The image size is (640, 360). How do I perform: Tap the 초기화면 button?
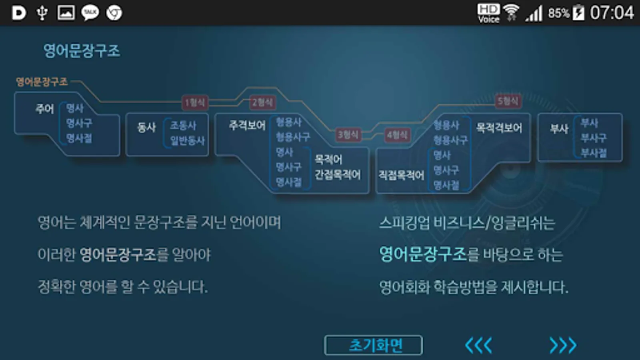[x=373, y=345]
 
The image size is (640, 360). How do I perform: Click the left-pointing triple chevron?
[x=478, y=345]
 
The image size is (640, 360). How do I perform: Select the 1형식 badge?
[x=194, y=102]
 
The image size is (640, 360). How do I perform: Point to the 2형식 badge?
[x=262, y=102]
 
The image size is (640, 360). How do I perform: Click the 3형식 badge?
[x=348, y=135]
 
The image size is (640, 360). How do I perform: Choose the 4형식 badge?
[x=397, y=135]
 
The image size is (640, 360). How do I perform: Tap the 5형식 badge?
[x=508, y=101]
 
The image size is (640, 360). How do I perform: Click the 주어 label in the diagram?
[x=44, y=109]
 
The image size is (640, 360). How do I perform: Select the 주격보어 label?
[x=247, y=126]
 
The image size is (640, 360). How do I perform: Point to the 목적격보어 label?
[x=499, y=128]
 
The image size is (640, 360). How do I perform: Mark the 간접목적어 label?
[x=338, y=175]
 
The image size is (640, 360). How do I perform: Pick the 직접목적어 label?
[x=401, y=175]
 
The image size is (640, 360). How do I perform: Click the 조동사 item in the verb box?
[x=183, y=126]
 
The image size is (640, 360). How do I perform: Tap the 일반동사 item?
[x=187, y=141]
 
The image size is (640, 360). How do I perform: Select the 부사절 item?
[x=594, y=153]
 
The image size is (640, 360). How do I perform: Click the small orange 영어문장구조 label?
[x=42, y=82]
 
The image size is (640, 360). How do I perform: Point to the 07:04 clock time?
[x=612, y=13]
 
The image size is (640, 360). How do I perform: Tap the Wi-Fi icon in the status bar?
[x=511, y=13]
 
